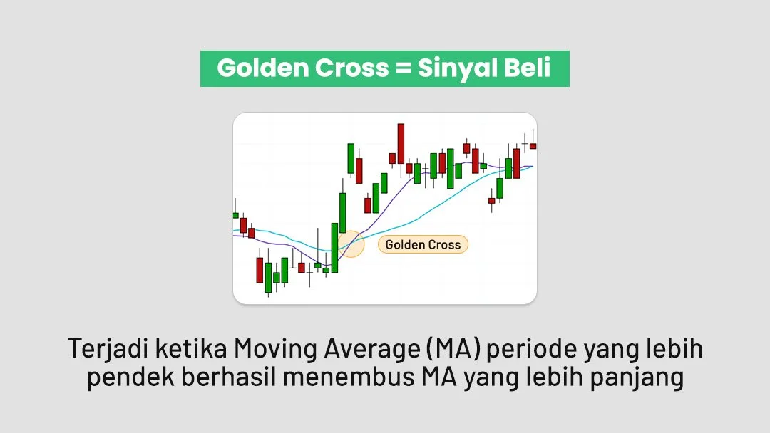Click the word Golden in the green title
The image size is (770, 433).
259,68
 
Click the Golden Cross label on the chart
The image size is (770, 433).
423,245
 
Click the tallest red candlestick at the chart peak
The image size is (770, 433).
401,143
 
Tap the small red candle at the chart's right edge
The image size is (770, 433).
533,146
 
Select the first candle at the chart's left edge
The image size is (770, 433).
235,215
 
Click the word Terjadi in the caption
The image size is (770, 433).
101,349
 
